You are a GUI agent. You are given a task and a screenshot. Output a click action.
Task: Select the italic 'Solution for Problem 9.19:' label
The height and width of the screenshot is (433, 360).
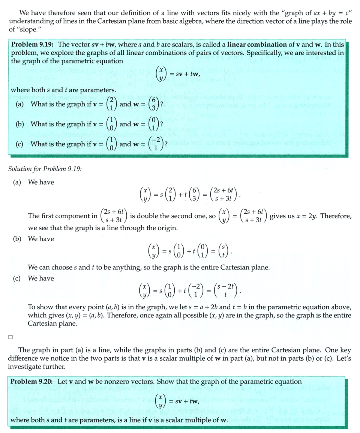click(x=45, y=168)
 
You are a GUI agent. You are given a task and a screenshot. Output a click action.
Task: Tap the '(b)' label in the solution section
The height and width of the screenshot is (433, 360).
click(x=18, y=239)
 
